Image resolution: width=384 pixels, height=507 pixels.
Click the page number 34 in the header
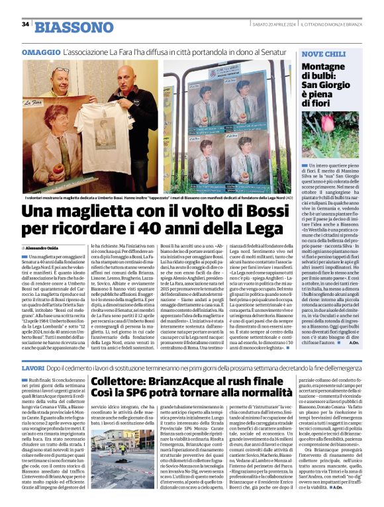point(25,24)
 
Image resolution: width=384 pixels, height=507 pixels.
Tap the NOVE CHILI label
point(324,53)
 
